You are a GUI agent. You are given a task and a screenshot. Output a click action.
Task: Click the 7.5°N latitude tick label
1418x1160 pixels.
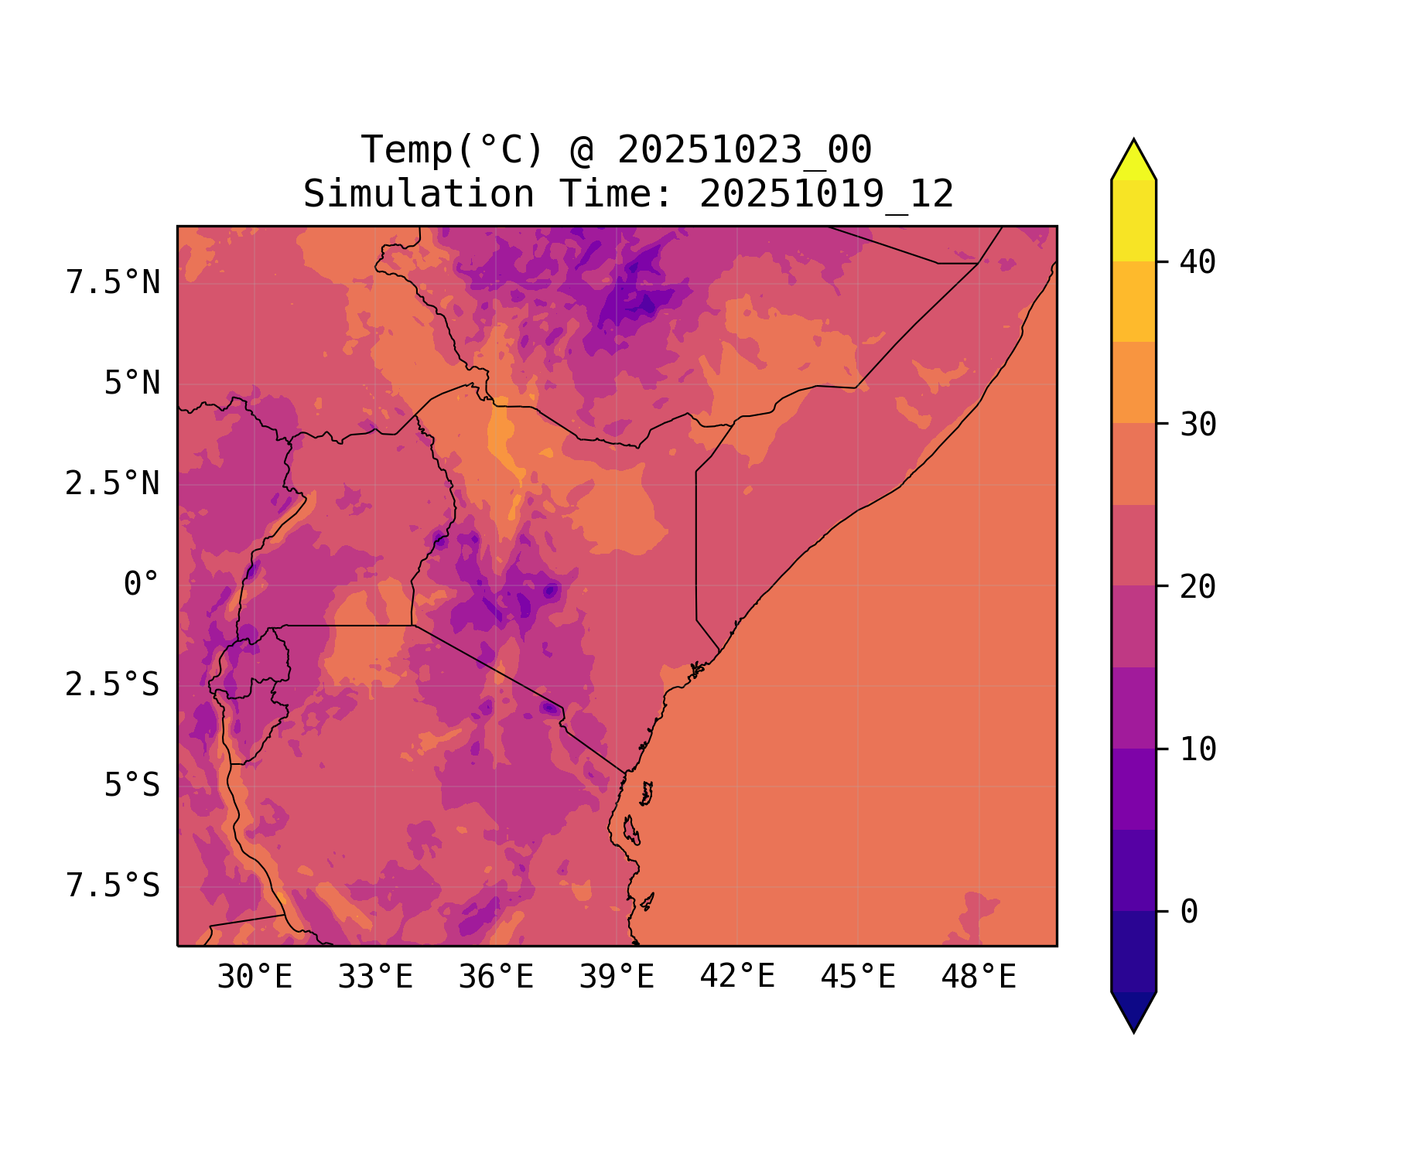[x=113, y=283]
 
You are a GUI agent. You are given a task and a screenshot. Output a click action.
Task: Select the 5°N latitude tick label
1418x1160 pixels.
[x=132, y=384]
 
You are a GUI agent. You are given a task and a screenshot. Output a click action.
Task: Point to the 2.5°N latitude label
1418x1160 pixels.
[x=113, y=484]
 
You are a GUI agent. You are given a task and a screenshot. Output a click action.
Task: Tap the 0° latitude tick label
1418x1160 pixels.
[x=141, y=585]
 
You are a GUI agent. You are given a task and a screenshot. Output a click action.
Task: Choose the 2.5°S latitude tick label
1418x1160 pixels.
[x=113, y=685]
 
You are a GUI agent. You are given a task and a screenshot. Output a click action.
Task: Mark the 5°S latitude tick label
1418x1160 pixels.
[x=132, y=786]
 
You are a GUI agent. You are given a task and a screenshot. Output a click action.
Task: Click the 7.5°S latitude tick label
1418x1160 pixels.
[x=113, y=886]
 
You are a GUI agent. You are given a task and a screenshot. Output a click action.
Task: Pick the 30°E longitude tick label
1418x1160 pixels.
[x=255, y=977]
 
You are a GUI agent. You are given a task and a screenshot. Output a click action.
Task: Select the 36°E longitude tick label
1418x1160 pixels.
[x=496, y=977]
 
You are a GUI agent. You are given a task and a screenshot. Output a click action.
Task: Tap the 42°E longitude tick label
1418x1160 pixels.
[x=737, y=977]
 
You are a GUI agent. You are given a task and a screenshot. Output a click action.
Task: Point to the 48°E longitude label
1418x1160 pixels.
[x=979, y=977]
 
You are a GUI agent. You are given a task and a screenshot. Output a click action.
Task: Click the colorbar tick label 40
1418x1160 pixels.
[x=1198, y=263]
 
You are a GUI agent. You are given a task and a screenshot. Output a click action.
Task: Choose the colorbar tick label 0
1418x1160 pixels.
[x=1189, y=913]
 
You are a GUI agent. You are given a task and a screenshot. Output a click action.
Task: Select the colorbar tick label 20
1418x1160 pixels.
[x=1198, y=588]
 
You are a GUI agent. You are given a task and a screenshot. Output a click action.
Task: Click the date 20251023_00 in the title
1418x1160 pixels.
[x=744, y=150]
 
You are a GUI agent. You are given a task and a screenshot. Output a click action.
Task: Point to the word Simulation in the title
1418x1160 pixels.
[x=419, y=194]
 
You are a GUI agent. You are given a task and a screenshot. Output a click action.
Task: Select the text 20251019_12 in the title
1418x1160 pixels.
[x=826, y=194]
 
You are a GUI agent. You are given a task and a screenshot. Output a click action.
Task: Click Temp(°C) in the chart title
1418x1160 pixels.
[x=453, y=150]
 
